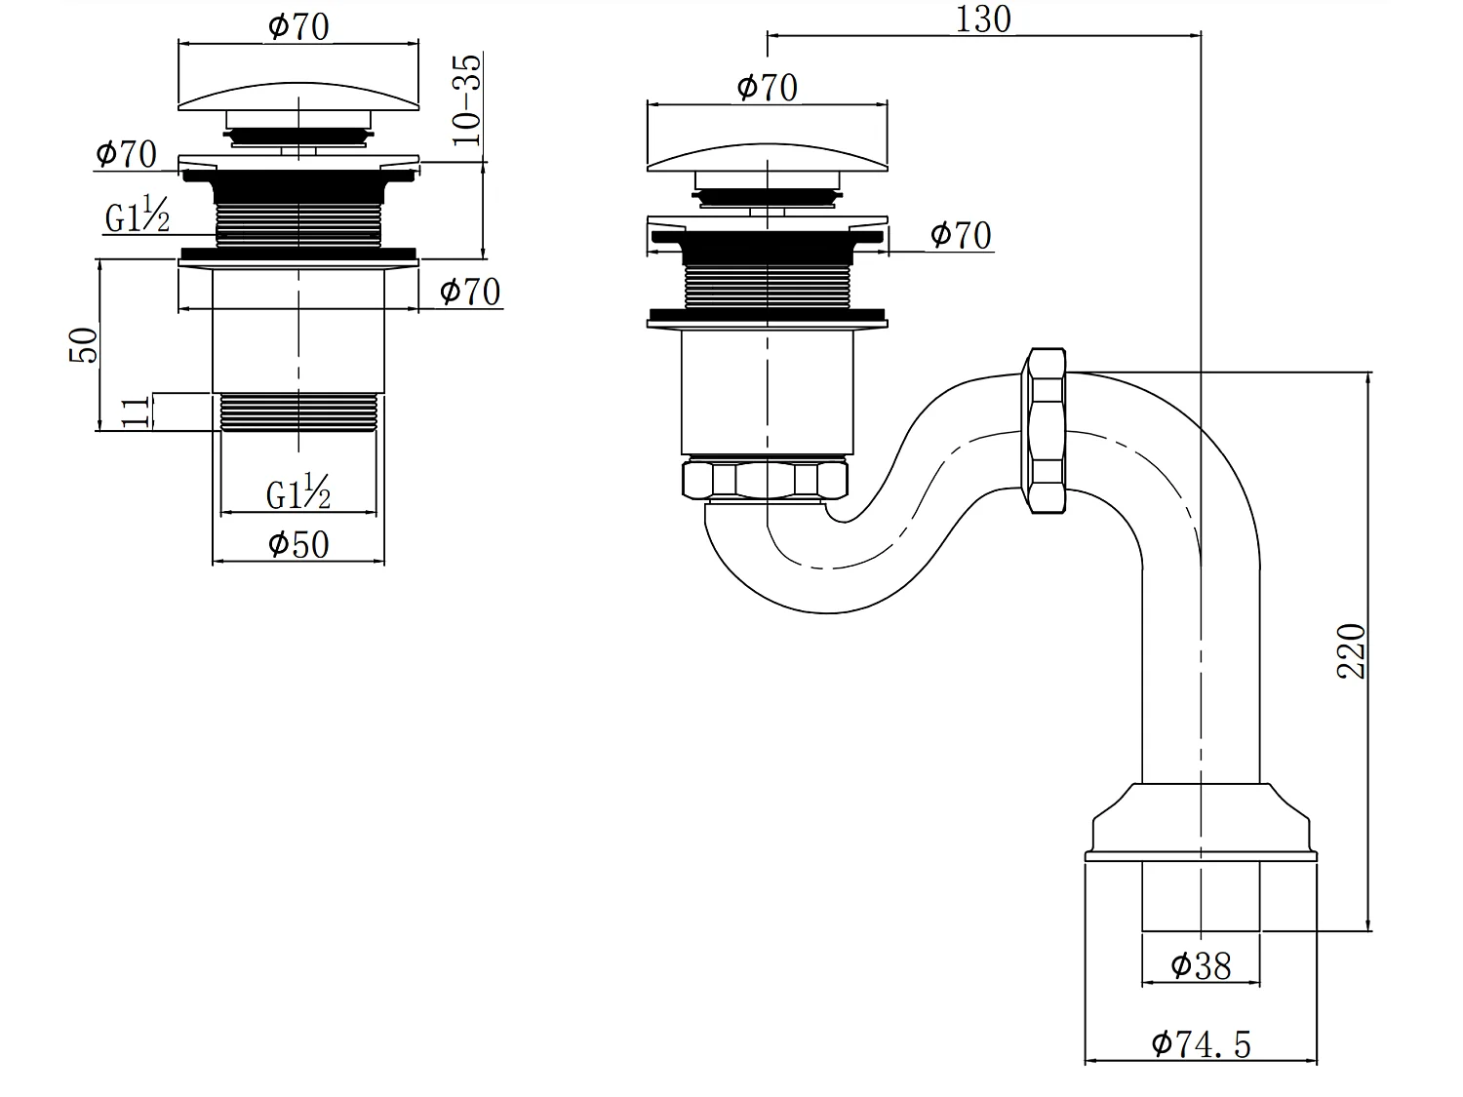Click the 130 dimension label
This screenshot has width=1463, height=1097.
pyautogui.click(x=982, y=19)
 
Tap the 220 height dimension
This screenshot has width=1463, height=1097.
pyautogui.click(x=1352, y=650)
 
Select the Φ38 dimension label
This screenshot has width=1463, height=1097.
pyautogui.click(x=1201, y=966)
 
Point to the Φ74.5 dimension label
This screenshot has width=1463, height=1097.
pyautogui.click(x=1201, y=1044)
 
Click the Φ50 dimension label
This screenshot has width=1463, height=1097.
pyautogui.click(x=298, y=544)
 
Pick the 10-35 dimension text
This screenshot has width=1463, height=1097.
pyautogui.click(x=467, y=99)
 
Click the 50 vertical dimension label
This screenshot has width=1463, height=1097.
pyautogui.click(x=84, y=345)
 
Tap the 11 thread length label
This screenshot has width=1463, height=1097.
pyautogui.click(x=138, y=411)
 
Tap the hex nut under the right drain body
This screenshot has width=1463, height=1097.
pyautogui.click(x=766, y=480)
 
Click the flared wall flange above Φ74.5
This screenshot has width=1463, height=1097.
pyautogui.click(x=1201, y=824)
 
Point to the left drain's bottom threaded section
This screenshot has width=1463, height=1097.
pyautogui.click(x=298, y=411)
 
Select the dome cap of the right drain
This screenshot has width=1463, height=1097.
pyautogui.click(x=767, y=156)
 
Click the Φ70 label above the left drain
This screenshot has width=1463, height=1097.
pyautogui.click(x=298, y=26)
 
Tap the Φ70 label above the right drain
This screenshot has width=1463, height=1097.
pyautogui.click(x=767, y=87)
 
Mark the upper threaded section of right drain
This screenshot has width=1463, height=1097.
pyautogui.click(x=767, y=284)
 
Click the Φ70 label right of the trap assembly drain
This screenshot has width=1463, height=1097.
pyautogui.click(x=961, y=235)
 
